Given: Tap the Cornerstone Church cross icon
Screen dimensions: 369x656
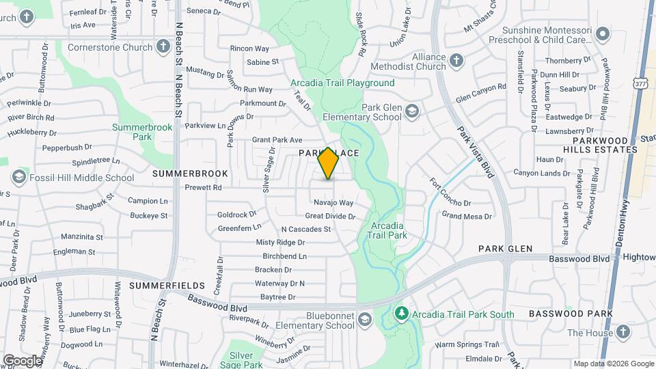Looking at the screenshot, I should tap(163, 46).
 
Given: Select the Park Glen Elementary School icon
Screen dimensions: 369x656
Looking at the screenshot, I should tap(411, 111).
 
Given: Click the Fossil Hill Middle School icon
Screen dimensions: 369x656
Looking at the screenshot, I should tap(18, 178).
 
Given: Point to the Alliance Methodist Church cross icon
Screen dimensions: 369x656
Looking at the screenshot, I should tap(456, 62).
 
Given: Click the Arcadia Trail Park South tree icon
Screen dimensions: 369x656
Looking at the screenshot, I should tap(402, 314).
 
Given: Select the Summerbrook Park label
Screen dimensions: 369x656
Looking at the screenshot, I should tap(132, 132).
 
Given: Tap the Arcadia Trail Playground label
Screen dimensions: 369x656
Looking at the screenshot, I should tap(342, 83).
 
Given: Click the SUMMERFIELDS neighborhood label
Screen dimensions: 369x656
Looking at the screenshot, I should tap(167, 285).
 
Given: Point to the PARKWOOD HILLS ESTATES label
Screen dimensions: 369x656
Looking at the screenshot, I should tap(601, 144).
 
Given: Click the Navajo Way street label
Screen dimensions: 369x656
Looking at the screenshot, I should tap(333, 202).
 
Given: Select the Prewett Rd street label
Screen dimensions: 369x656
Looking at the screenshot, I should tap(204, 187).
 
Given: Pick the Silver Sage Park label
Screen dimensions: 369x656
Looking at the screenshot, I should tap(246, 360).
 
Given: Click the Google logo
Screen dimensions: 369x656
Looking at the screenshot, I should tap(22, 359).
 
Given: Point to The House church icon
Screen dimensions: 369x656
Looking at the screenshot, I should tap(622, 332).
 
